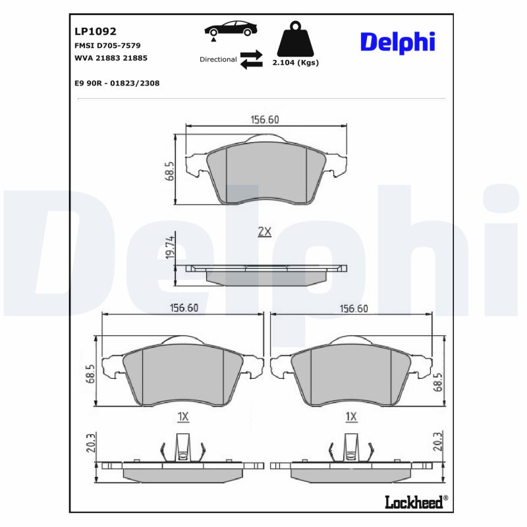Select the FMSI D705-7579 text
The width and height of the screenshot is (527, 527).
[108, 45]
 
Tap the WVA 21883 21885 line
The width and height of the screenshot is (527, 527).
[111, 58]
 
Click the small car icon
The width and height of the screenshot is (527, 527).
[231, 30]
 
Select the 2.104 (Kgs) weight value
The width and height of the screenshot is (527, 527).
[296, 63]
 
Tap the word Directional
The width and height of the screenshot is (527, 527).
[218, 59]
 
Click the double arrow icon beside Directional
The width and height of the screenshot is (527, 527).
[251, 59]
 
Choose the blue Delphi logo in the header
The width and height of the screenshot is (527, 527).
[397, 42]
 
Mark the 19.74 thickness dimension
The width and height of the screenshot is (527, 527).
[169, 247]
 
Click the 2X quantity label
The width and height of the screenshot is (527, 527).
[264, 231]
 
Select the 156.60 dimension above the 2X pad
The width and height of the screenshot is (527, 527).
[265, 119]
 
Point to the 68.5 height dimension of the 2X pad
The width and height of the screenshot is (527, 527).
[169, 171]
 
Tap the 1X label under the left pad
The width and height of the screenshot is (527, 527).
[183, 416]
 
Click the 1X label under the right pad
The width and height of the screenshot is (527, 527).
[350, 416]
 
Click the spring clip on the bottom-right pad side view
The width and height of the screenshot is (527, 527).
[352, 449]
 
